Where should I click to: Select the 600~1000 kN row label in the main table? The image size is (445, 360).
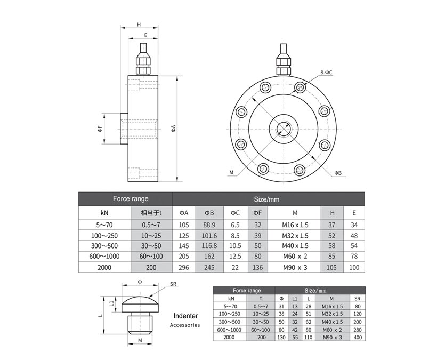click(x=104, y=257)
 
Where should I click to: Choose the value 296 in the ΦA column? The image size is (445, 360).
click(x=184, y=267)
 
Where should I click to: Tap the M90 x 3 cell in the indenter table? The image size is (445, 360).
click(x=331, y=338)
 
